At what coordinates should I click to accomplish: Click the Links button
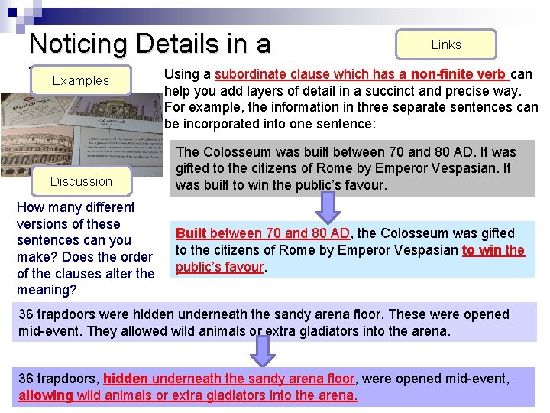pyautogui.click(x=445, y=44)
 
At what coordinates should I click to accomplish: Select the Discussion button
pyautogui.click(x=81, y=181)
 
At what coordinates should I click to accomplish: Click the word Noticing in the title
pyautogui.click(x=80, y=44)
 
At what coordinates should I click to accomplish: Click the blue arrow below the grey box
pyautogui.click(x=328, y=207)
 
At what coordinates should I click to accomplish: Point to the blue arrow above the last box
pyautogui.click(x=263, y=351)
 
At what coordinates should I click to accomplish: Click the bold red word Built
pyautogui.click(x=192, y=233)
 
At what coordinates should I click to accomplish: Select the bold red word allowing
pyautogui.click(x=45, y=395)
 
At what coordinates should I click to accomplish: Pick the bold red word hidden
pyautogui.click(x=126, y=379)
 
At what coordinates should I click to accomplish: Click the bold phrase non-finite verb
pyautogui.click(x=458, y=74)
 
